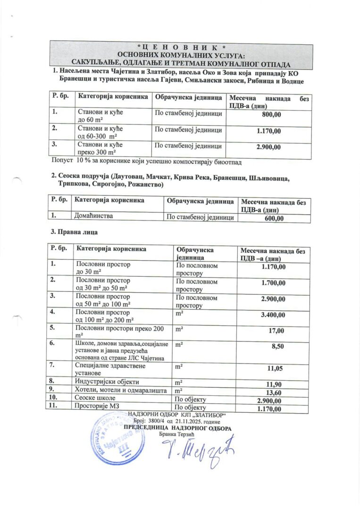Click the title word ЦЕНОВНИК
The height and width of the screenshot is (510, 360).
coord(181,47)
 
